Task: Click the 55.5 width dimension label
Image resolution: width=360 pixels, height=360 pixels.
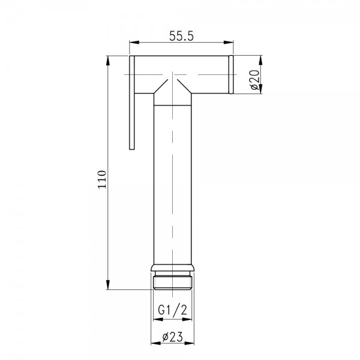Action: pyautogui.click(x=181, y=36)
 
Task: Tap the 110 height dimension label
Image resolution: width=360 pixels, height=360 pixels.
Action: pyautogui.click(x=102, y=179)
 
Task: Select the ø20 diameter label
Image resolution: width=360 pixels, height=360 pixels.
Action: pyautogui.click(x=255, y=80)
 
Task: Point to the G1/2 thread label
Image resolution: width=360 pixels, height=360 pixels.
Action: pyautogui.click(x=172, y=310)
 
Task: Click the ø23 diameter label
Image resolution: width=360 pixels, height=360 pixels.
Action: pyautogui.click(x=172, y=337)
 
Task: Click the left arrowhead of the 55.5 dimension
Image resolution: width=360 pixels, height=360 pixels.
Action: pyautogui.click(x=134, y=43)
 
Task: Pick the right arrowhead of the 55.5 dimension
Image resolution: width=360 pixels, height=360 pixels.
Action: pyautogui.click(x=229, y=43)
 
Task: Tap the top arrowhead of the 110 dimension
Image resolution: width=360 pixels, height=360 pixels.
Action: pyautogui.click(x=108, y=61)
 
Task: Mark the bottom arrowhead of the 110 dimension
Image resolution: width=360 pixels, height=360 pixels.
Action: pyautogui.click(x=108, y=284)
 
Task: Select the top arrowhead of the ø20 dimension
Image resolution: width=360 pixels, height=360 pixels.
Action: pyautogui.click(x=260, y=61)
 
